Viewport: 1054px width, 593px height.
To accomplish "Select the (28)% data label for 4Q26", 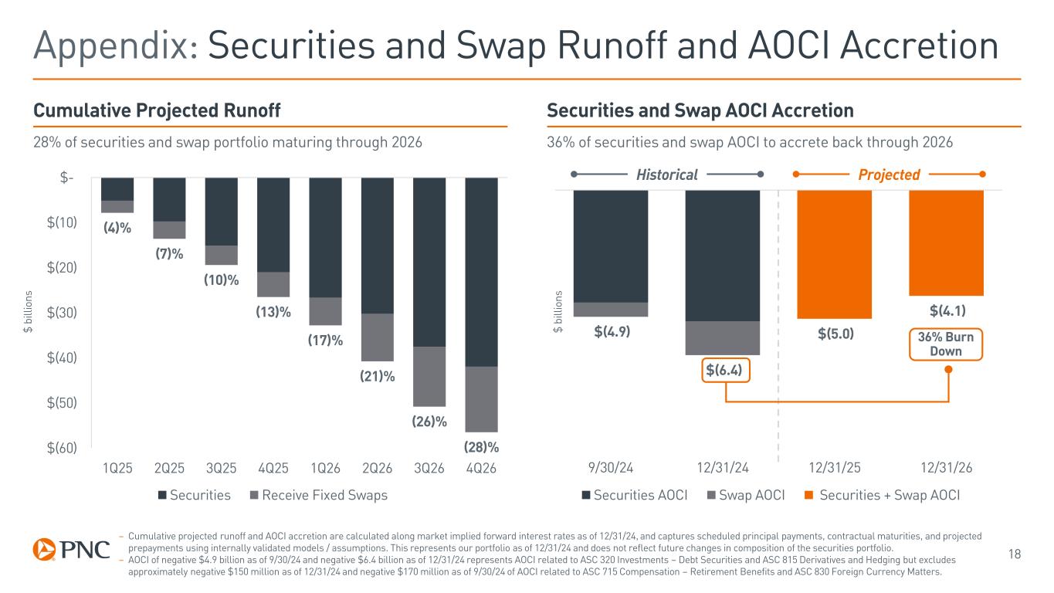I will coord(480,447).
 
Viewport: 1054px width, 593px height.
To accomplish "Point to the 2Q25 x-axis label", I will coord(169,468).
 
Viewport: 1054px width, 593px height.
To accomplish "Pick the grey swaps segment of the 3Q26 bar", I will coord(429,377).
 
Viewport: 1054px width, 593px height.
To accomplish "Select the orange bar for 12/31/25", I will coord(834,254).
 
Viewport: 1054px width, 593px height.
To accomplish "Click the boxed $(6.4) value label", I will coord(726,371).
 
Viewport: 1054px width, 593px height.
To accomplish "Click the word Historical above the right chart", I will coord(666,175).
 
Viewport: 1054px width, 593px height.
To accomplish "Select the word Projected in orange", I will coord(890,175).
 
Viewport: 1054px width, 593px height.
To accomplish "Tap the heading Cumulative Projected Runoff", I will coord(156,111).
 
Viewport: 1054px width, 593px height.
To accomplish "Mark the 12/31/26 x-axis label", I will coord(947,468).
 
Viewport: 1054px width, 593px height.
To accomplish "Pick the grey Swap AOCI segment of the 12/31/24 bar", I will coord(723,337).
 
